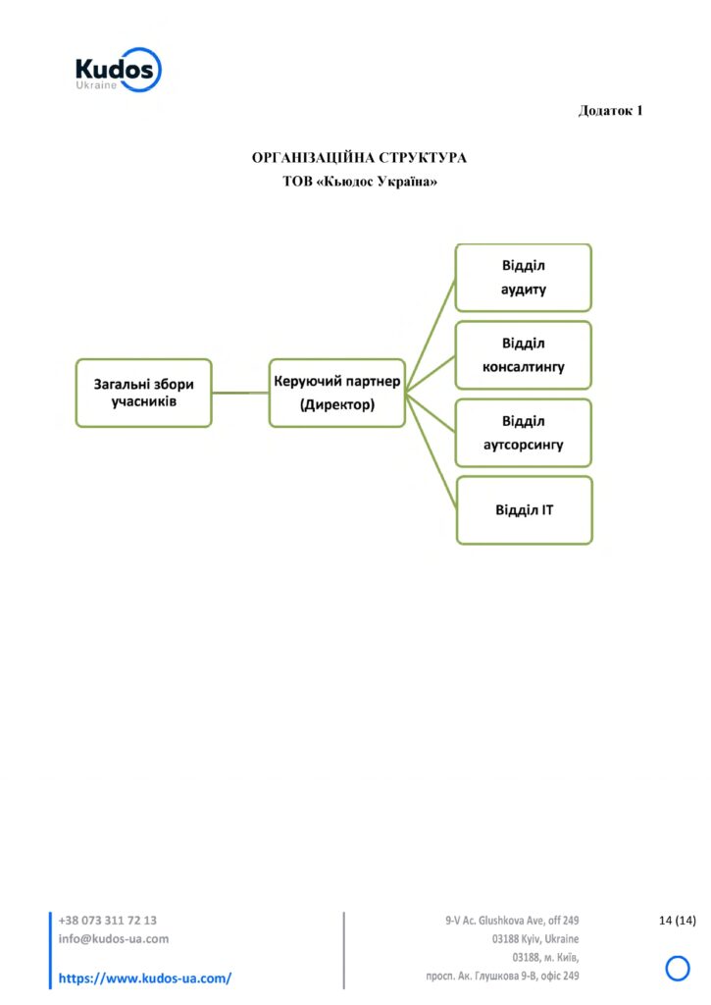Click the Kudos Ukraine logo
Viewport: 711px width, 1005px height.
point(118,70)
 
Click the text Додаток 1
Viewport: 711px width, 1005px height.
point(610,111)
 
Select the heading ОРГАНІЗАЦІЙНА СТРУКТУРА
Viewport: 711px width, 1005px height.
point(359,158)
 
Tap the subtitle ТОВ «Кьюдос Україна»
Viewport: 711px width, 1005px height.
point(360,182)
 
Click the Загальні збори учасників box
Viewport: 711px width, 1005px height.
point(143,393)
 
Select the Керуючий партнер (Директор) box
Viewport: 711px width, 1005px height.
point(337,393)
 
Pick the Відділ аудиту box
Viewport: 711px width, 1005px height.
point(524,278)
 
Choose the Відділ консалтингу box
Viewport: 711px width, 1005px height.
point(524,355)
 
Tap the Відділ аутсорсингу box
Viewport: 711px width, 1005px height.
point(524,433)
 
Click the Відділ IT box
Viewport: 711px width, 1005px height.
point(525,510)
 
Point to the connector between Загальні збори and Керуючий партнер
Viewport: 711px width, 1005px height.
point(240,393)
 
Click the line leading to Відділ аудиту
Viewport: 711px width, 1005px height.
point(431,336)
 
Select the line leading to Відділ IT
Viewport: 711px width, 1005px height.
point(432,451)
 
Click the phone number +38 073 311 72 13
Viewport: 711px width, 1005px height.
point(108,921)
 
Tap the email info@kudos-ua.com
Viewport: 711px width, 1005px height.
point(114,939)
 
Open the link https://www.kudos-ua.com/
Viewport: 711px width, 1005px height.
point(145,979)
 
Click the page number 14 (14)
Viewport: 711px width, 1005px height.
point(677,921)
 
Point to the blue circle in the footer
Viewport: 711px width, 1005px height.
point(678,957)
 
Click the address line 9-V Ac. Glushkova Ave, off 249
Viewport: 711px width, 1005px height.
point(512,921)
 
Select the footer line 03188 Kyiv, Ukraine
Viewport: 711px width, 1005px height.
point(535,939)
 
